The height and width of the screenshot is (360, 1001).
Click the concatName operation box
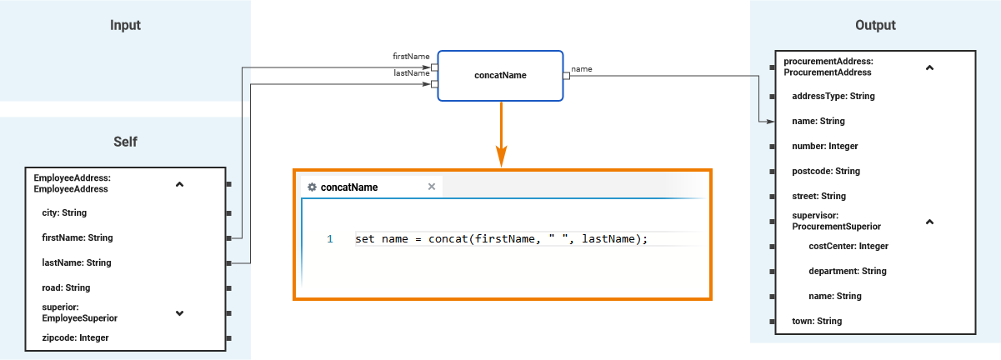coord(501,76)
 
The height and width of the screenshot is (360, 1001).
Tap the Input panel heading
coord(125,25)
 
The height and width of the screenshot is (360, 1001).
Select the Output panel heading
coord(875,25)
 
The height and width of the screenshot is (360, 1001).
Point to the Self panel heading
coord(125,142)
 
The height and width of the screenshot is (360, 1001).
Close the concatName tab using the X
coord(432,187)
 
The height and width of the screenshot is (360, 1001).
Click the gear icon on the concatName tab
coord(312,187)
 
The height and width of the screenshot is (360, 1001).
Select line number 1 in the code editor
coord(329,239)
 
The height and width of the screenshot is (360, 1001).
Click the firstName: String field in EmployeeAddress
coord(77,237)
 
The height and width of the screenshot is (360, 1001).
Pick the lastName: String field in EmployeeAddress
coord(76,262)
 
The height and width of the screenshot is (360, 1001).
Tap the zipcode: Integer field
coord(75,337)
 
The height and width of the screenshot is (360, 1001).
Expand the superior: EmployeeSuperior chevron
coord(179,313)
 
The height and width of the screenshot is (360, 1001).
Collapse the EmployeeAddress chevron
coord(179,184)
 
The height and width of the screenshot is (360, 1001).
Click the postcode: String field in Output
coord(825,171)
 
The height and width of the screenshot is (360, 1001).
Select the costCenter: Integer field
coord(848,246)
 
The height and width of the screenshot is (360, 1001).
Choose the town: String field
coord(816,321)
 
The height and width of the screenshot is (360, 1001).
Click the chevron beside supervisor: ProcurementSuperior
coord(930,222)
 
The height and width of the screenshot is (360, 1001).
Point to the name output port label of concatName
coord(582,69)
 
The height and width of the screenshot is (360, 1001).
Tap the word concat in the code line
coord(448,239)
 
